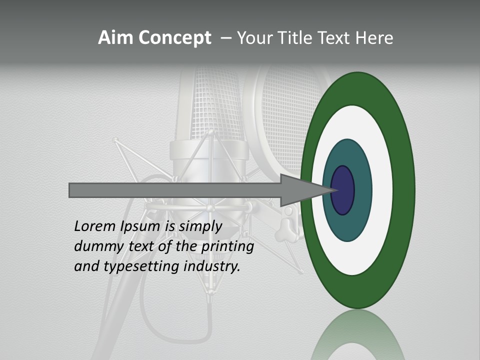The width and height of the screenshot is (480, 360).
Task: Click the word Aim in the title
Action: coord(115,38)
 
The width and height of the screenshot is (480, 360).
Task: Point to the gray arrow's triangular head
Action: coord(305,190)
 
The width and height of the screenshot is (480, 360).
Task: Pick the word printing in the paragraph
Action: coord(227,246)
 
